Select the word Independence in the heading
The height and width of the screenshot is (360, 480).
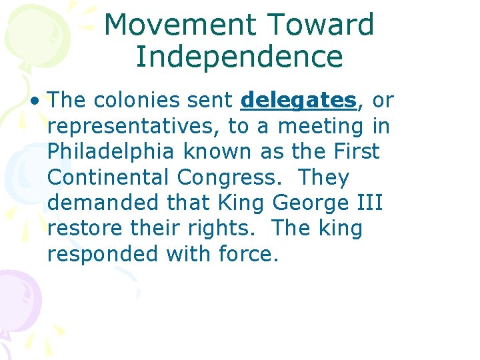point(239,57)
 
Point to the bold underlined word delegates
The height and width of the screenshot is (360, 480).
point(298,101)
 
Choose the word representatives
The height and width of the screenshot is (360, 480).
point(133,127)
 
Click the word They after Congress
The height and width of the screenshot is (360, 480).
point(323,178)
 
